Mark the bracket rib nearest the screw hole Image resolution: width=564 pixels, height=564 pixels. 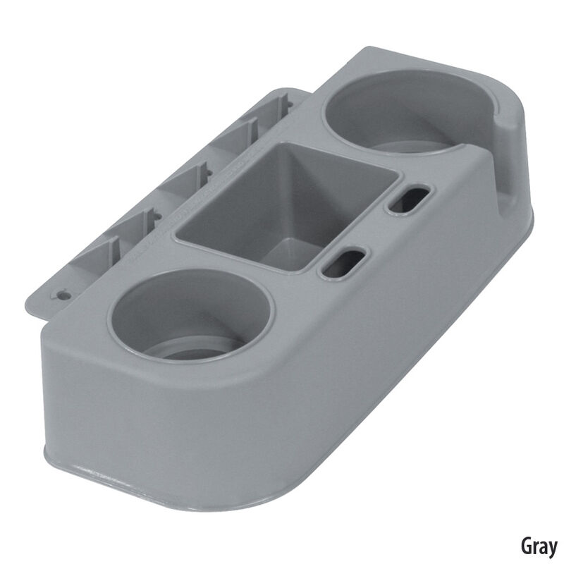click(x=113, y=250)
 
